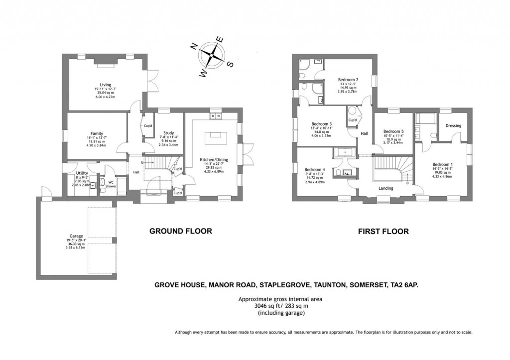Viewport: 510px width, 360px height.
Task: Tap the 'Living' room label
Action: coord(105,85)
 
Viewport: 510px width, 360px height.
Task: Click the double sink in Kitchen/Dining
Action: coord(216,116)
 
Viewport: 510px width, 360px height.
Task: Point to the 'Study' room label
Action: coord(169,133)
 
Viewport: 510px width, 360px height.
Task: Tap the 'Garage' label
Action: coord(76,236)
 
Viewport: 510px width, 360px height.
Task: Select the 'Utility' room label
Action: coord(82,173)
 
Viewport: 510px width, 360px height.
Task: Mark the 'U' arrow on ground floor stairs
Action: coord(143,163)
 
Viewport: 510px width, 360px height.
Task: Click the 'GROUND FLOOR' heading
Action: coord(181,231)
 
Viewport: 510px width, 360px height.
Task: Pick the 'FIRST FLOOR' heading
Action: coord(383,232)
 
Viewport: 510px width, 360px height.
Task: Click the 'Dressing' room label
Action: coord(453,126)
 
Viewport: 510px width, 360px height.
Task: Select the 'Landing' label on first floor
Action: coord(385,188)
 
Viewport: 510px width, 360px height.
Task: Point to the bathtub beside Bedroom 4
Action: coord(345,152)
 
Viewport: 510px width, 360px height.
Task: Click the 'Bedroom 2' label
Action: coord(348,80)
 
